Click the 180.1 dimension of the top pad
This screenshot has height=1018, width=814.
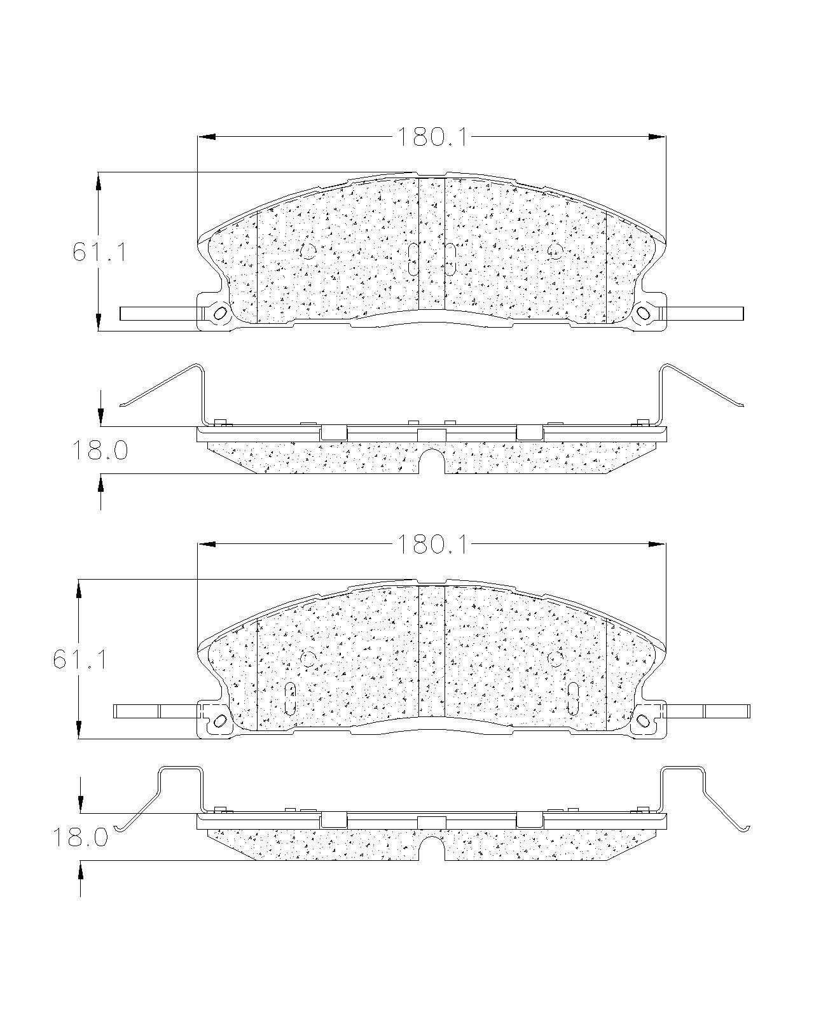coord(432,137)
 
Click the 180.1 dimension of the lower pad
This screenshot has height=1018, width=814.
coord(432,544)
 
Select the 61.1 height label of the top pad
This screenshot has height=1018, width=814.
coord(100,252)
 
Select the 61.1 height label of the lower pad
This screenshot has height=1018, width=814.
coord(80,659)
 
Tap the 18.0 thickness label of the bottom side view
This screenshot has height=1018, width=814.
coord(80,837)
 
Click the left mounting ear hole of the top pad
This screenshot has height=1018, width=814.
coord(220,312)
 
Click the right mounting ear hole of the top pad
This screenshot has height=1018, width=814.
coord(643,312)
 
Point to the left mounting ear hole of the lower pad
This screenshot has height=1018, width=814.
coord(220,720)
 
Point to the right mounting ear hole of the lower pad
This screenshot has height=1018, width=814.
coord(643,720)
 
